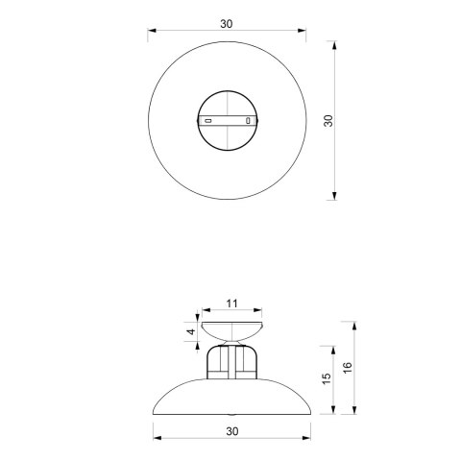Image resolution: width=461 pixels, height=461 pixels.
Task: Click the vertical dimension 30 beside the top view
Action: pos(328,120)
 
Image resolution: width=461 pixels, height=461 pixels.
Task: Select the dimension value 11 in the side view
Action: pos(231,303)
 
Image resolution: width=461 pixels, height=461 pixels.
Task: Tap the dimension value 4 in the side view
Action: pos(191,331)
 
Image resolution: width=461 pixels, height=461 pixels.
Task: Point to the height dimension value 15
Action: pos(327,379)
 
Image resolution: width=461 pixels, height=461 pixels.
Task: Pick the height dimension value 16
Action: pos(349,368)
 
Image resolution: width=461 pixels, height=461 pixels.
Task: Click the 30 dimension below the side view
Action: pos(231,432)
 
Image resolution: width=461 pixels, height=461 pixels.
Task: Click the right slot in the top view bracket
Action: pos(249,121)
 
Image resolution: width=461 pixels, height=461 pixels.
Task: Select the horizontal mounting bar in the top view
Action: pos(229,121)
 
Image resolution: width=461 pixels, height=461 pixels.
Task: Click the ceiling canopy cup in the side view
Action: pos(230,333)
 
